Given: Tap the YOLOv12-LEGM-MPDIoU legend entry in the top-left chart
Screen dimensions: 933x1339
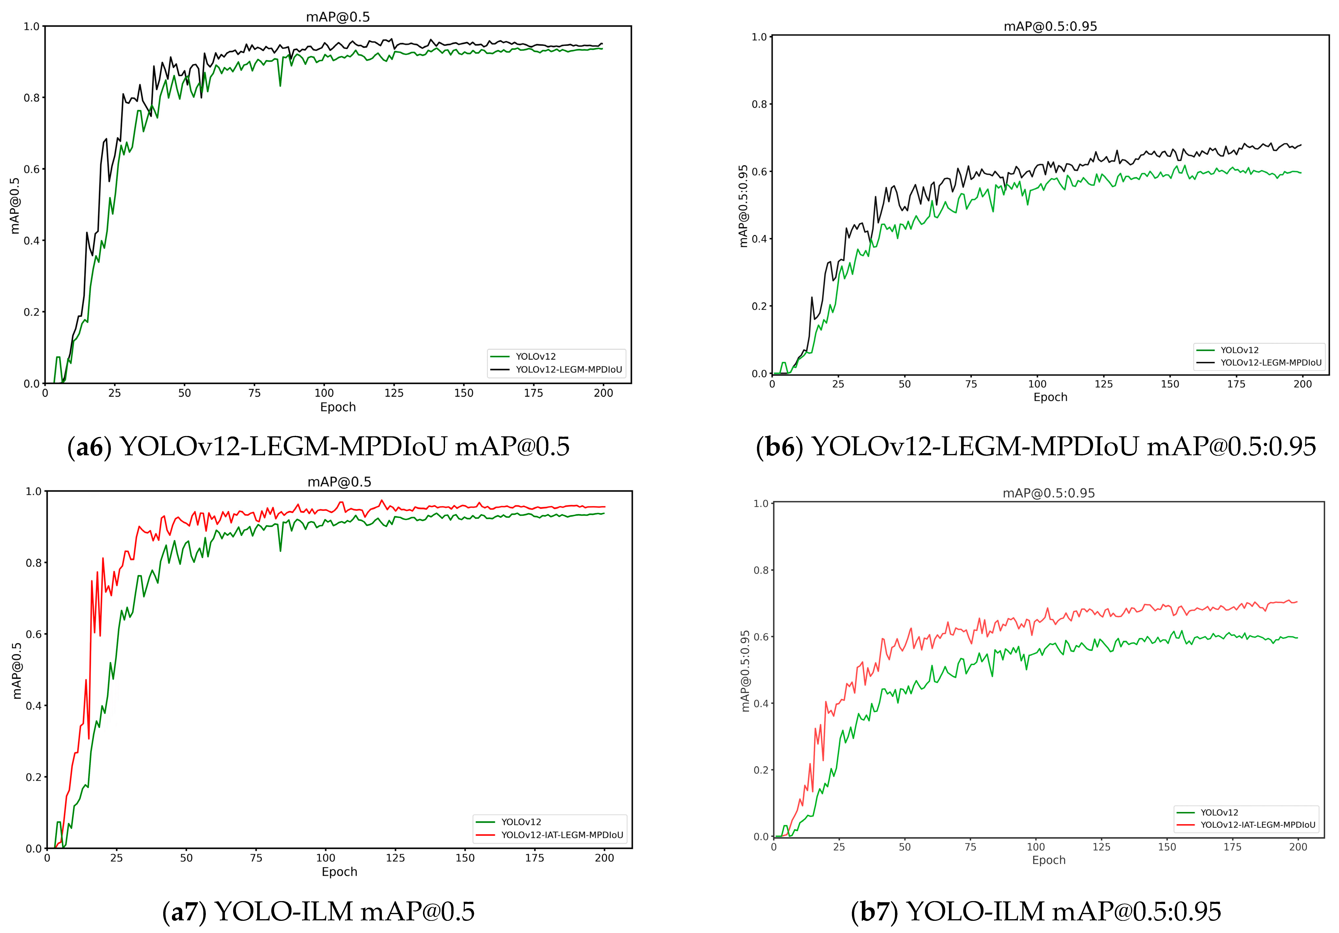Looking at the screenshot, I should (569, 369).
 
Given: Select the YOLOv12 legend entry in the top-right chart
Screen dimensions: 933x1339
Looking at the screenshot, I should (1239, 350).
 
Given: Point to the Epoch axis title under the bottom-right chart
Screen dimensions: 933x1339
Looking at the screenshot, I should (1049, 860).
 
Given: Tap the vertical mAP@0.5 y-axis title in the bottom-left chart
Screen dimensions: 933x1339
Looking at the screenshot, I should (17, 671).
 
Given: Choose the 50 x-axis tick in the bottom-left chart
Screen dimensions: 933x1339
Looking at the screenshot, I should (186, 858).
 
